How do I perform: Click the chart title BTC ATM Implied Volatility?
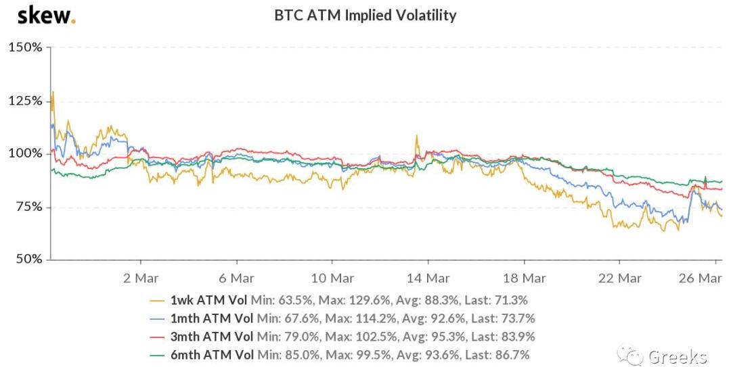(x=365, y=15)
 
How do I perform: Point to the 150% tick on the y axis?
(x=26, y=47)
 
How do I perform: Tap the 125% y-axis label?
(x=26, y=101)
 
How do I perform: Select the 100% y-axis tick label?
(x=26, y=153)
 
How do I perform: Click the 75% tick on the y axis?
(x=28, y=206)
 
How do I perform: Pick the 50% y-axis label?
(x=28, y=259)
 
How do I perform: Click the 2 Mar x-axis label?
(x=141, y=278)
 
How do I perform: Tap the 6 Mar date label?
(x=237, y=278)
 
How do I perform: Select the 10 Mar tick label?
(x=333, y=278)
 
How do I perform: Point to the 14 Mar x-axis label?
(x=429, y=278)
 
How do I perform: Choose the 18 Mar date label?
(x=525, y=278)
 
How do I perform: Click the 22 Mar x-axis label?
(x=621, y=278)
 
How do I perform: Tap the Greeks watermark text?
(x=677, y=356)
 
